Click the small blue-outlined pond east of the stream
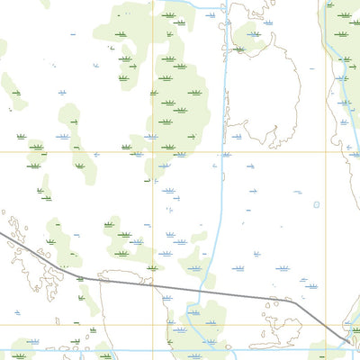point(317,204)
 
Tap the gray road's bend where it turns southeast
point(295,303)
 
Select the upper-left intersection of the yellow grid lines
point(166,151)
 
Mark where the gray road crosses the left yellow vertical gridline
point(166,289)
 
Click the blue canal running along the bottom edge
point(90,351)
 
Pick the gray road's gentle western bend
point(76,277)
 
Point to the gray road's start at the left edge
point(2,233)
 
